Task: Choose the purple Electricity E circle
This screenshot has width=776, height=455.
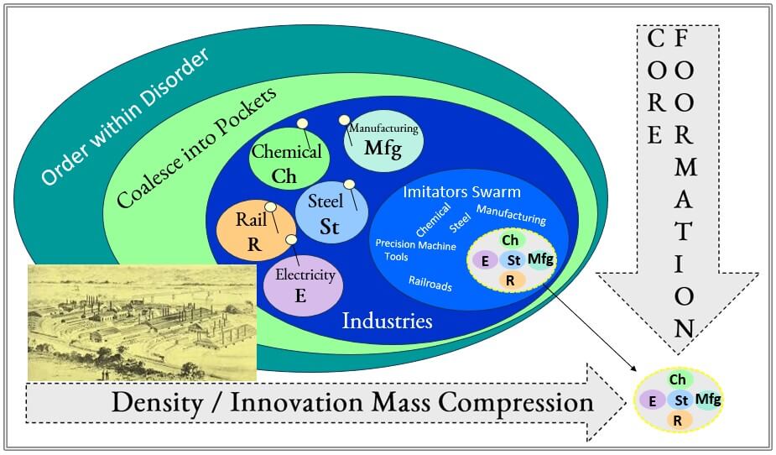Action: (303, 285)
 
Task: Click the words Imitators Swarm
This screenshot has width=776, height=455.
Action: (461, 191)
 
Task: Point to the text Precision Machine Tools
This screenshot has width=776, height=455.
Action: (415, 250)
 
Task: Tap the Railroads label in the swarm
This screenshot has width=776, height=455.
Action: (430, 283)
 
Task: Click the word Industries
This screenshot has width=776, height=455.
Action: (387, 321)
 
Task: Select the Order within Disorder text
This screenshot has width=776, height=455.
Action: (125, 117)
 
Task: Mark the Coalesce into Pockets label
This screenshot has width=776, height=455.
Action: (196, 148)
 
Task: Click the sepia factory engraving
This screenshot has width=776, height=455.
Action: (142, 323)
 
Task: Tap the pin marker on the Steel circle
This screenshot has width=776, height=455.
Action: (349, 184)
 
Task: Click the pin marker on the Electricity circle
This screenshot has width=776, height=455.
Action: (291, 239)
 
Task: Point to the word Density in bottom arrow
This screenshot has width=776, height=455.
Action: (157, 402)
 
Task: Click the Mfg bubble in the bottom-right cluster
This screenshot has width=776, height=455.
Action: (708, 399)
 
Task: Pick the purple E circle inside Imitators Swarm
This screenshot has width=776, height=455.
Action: (485, 260)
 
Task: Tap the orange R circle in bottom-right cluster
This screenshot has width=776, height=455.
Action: (678, 421)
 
